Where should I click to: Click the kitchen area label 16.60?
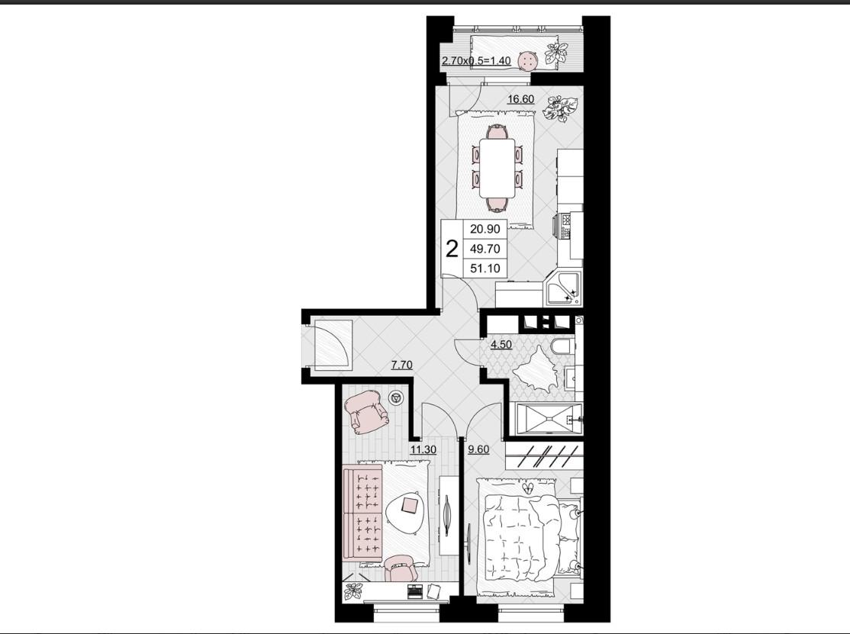click(x=520, y=99)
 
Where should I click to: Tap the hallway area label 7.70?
click(x=401, y=365)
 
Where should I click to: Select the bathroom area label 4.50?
click(x=501, y=345)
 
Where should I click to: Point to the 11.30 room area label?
click(x=423, y=449)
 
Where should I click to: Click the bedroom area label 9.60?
click(x=478, y=449)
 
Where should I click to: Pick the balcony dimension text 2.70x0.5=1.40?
click(x=476, y=61)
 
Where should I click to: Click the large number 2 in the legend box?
click(x=451, y=249)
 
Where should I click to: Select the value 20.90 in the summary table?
click(x=485, y=229)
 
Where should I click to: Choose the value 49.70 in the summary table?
click(x=485, y=249)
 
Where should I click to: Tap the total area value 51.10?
click(x=485, y=269)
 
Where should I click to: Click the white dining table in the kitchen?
click(x=497, y=169)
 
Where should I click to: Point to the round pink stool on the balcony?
click(x=527, y=61)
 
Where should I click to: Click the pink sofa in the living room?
click(x=363, y=512)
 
